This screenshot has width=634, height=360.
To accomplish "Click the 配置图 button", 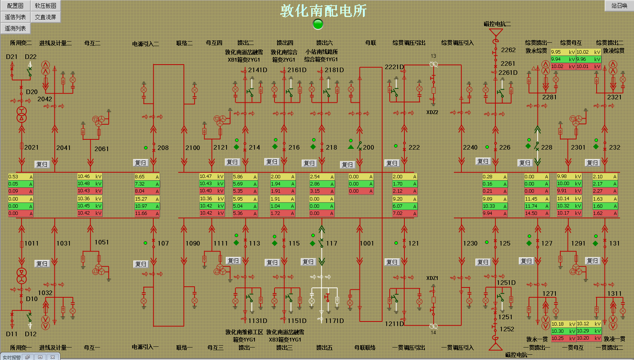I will pyautogui.click(x=15, y=6).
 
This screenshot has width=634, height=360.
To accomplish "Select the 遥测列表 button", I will pyautogui.click(x=15, y=28).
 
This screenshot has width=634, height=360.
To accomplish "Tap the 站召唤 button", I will pyautogui.click(x=619, y=6).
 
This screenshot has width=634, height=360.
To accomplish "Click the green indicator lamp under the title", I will pyautogui.click(x=318, y=24).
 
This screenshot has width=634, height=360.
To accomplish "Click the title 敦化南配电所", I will pyautogui.click(x=323, y=11).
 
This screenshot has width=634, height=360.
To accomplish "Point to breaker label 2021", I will pyautogui.click(x=31, y=147).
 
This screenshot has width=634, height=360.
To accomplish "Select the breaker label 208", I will pyautogui.click(x=163, y=148).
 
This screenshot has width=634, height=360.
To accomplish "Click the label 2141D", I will pyautogui.click(x=258, y=70).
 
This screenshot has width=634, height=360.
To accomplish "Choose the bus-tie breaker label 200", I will pyautogui.click(x=369, y=147).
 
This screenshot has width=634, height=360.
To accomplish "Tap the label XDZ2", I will pyautogui.click(x=432, y=112).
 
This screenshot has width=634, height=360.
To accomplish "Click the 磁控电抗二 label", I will pyautogui.click(x=497, y=24).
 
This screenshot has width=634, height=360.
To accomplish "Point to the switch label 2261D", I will pyautogui.click(x=508, y=73).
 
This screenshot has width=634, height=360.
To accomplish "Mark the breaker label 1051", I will pyautogui.click(x=102, y=242).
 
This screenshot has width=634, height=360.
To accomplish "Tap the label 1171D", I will pyautogui.click(x=335, y=321).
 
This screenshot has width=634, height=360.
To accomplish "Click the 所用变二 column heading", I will pyautogui.click(x=21, y=43).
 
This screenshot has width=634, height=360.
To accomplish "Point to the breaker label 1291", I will pyautogui.click(x=578, y=243).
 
